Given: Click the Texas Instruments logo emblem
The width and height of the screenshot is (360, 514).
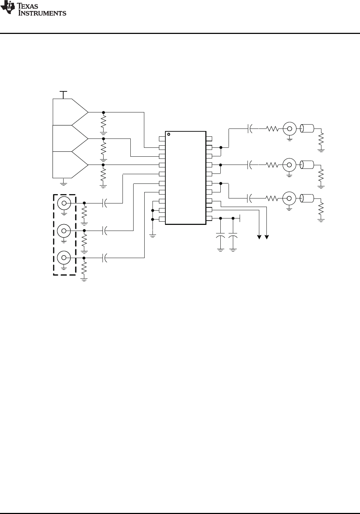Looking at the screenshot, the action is pyautogui.click(x=8, y=7).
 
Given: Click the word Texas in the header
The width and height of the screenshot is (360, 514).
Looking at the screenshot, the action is pyautogui.click(x=28, y=6).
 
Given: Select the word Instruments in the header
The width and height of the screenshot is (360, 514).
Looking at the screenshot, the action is pyautogui.click(x=42, y=13).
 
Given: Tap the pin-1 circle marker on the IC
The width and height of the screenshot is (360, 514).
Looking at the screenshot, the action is pyautogui.click(x=169, y=134).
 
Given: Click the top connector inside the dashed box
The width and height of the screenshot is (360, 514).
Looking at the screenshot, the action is pyautogui.click(x=64, y=203).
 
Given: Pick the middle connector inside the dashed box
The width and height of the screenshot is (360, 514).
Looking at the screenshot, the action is pyautogui.click(x=64, y=231).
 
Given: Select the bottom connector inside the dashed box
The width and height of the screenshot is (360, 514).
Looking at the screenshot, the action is pyautogui.click(x=64, y=258).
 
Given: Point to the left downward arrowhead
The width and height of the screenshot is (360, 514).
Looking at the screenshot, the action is pyautogui.click(x=259, y=237).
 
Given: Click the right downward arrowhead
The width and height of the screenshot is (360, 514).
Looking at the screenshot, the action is pyautogui.click(x=267, y=237).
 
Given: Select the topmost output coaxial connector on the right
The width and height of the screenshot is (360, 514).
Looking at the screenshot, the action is pyautogui.click(x=290, y=129).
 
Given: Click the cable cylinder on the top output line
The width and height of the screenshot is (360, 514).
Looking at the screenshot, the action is pyautogui.click(x=307, y=128).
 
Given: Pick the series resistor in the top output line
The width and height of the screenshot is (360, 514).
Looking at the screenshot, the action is pyautogui.click(x=272, y=129).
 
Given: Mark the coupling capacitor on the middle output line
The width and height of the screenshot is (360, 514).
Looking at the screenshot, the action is pyautogui.click(x=250, y=165).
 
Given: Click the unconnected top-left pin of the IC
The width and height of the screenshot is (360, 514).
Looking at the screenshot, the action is pyautogui.click(x=162, y=138).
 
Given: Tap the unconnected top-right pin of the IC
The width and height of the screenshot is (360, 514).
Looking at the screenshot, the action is pyautogui.click(x=209, y=138).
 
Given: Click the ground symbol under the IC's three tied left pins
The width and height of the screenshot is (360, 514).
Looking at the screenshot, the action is pyautogui.click(x=153, y=236).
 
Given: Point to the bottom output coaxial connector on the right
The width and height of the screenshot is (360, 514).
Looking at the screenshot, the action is pyautogui.click(x=290, y=198).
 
